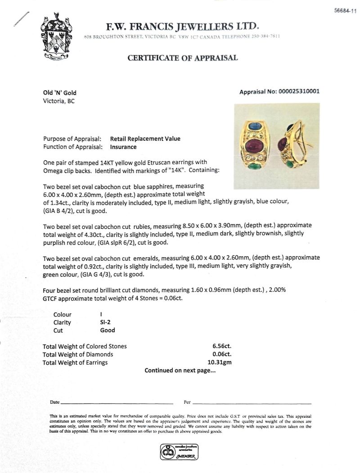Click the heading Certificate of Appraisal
click(182, 58)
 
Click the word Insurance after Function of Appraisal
click(123, 147)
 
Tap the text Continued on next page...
click(180, 371)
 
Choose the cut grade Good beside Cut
click(108, 330)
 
